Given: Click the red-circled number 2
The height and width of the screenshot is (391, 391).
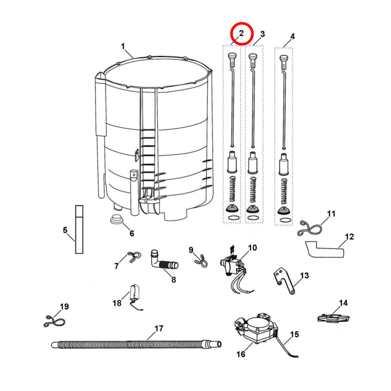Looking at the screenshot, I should point(241,34).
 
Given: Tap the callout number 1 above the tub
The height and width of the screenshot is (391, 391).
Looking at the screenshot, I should point(123,46).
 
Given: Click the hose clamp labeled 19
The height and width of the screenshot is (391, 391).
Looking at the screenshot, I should point(54,322).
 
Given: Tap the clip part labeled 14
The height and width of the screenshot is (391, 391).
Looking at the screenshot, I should point(333,318).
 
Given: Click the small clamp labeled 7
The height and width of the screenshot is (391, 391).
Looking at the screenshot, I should point(134,257).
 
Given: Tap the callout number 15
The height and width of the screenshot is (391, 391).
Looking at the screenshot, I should point(294,334).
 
